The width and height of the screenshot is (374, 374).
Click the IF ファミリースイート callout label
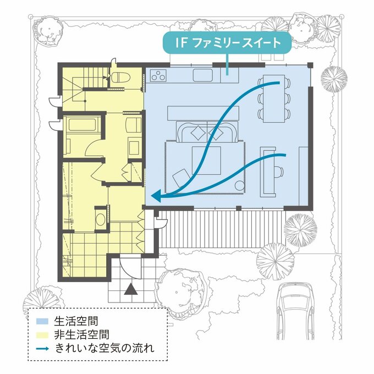pos(227,42)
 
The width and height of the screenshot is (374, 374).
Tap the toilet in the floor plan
pos(120,77)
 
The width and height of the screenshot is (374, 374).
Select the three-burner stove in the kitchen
pos(158,75)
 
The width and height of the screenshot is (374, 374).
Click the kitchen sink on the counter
pos(203,75)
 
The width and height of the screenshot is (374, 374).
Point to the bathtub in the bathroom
pos(82,124)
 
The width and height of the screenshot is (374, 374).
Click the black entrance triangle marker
pos(131,289)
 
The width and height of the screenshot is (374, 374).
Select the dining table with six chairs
pos(274,98)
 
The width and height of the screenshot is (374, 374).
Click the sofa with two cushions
pos(207,131)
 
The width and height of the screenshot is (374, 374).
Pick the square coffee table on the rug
pos(206,161)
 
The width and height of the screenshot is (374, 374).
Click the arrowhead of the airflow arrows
pos(157,196)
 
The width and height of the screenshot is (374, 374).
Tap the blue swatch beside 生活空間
pos(42,321)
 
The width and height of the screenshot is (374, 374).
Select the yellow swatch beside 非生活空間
pos(42,335)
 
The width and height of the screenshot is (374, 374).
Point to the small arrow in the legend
pos(42,349)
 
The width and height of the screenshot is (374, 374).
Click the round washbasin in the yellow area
pos(101,219)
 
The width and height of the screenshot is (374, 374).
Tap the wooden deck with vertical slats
pos(222,229)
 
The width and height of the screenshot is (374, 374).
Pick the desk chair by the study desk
pos(279,171)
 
